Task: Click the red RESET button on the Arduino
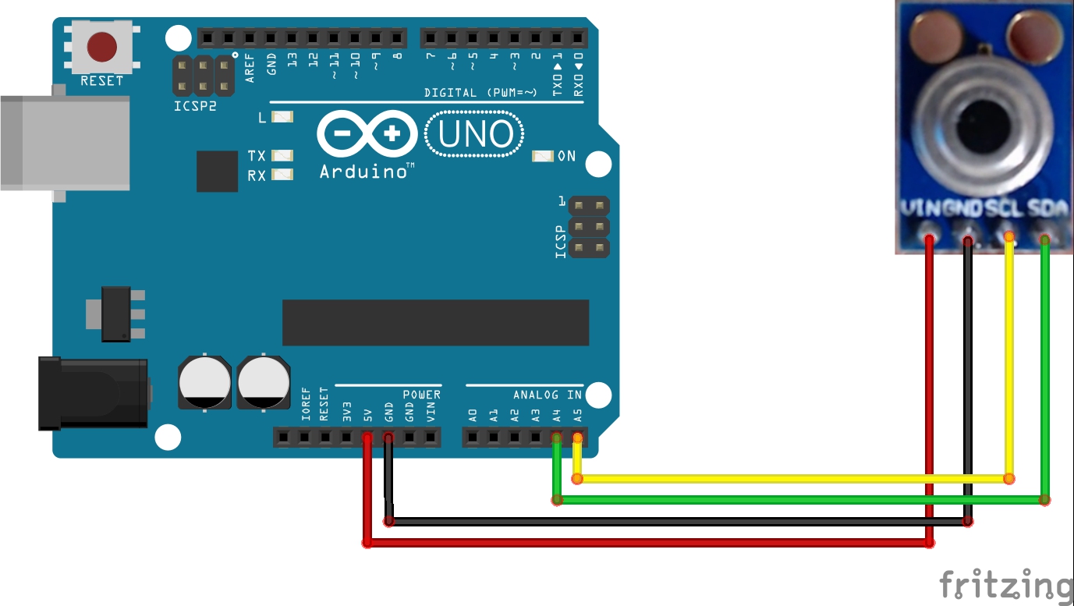(x=102, y=47)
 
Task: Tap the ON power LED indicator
(x=543, y=156)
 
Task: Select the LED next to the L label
(x=282, y=118)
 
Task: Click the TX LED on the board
(x=282, y=156)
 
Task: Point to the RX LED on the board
(x=282, y=175)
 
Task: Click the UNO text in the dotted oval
(x=475, y=135)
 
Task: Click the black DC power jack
(x=94, y=393)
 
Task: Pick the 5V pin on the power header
(x=367, y=438)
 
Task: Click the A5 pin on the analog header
(x=577, y=438)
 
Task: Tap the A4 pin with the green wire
(x=556, y=438)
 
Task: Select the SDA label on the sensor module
(x=1048, y=209)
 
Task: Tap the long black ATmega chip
(x=435, y=322)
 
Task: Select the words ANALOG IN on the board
(x=548, y=395)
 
